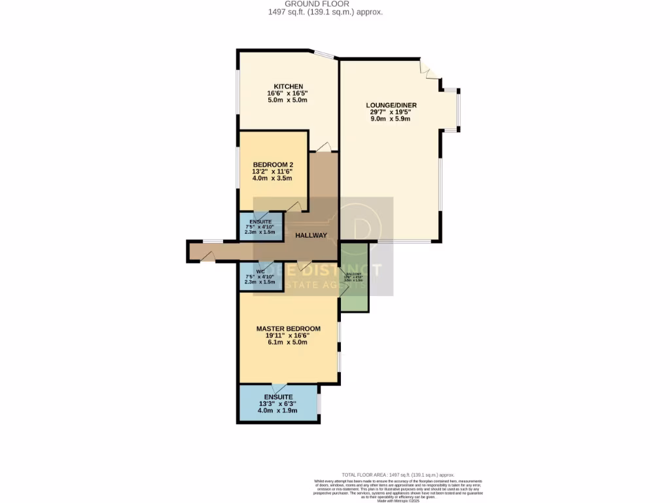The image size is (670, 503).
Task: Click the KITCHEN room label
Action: point(288,86)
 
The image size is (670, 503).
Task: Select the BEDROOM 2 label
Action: point(273,164)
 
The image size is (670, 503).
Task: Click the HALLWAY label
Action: point(311,236)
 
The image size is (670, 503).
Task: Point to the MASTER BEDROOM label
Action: point(288,329)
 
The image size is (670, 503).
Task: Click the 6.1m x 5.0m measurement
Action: point(288,342)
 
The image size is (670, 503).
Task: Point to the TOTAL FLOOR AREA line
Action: point(398,475)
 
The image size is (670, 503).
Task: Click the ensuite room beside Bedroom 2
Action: point(260,226)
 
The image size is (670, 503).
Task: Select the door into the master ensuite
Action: point(279,387)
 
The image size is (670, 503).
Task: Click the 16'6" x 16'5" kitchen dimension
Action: point(288,94)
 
